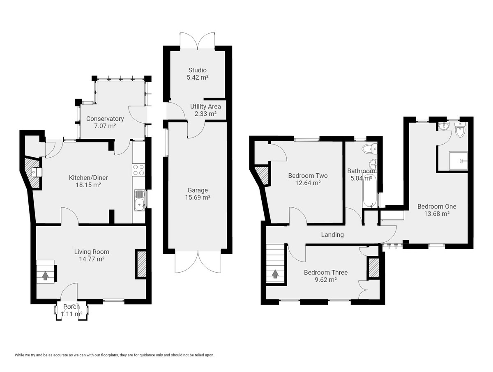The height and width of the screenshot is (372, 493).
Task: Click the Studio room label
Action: click(x=198, y=70)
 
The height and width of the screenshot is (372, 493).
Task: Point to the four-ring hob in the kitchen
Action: click(x=138, y=170)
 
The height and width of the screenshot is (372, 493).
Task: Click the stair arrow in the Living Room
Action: click(x=45, y=276)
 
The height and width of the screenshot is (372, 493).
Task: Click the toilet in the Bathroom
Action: click(x=369, y=149)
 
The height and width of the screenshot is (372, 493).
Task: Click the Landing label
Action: click(x=332, y=235)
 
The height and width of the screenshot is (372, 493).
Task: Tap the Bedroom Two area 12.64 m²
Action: click(x=308, y=183)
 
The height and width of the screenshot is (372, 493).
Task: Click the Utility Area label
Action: click(x=205, y=107)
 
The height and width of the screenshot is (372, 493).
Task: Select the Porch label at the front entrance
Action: click(x=71, y=307)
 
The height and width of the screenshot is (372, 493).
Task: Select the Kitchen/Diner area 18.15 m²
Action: click(x=88, y=185)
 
